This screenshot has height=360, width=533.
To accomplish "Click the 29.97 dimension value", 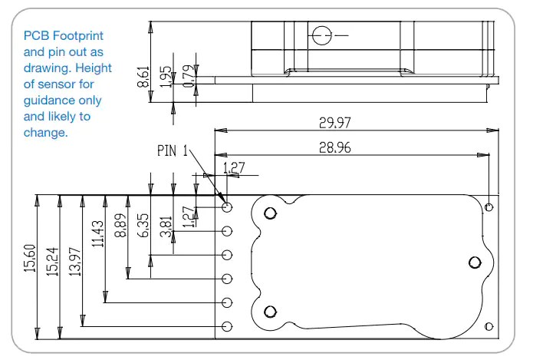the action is tap(335, 123).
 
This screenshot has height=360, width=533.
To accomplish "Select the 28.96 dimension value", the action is tap(335, 147).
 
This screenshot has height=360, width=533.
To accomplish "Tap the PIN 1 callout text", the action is tap(173, 150).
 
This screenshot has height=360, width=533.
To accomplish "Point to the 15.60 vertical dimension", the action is tap(30, 258).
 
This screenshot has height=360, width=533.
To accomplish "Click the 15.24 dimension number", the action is tap(53, 261).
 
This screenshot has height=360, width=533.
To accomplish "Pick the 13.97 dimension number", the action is tap(75, 261).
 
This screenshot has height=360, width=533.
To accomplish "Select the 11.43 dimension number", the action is tap(98, 233).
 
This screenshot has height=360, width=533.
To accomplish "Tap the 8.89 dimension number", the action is tap(120, 225).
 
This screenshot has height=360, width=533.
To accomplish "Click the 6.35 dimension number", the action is tap(143, 225).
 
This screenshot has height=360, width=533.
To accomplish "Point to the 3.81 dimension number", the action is tap(166, 226).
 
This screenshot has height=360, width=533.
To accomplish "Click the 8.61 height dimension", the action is tap(143, 77).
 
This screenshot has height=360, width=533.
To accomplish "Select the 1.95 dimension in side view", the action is tap(166, 77).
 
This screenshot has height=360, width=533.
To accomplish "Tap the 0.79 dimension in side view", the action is tap(189, 76).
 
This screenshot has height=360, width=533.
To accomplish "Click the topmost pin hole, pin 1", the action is tap(227, 207).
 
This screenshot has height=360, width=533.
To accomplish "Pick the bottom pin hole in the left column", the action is tap(227, 327).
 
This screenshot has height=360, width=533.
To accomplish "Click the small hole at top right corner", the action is tap(489, 207).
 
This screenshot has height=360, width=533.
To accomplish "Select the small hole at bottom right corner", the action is tap(489, 327).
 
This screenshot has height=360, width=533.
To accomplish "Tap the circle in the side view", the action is tap(321, 35).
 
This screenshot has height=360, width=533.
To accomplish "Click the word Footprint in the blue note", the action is tap(78, 36).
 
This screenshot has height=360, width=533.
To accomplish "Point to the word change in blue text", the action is tap(45, 133).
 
